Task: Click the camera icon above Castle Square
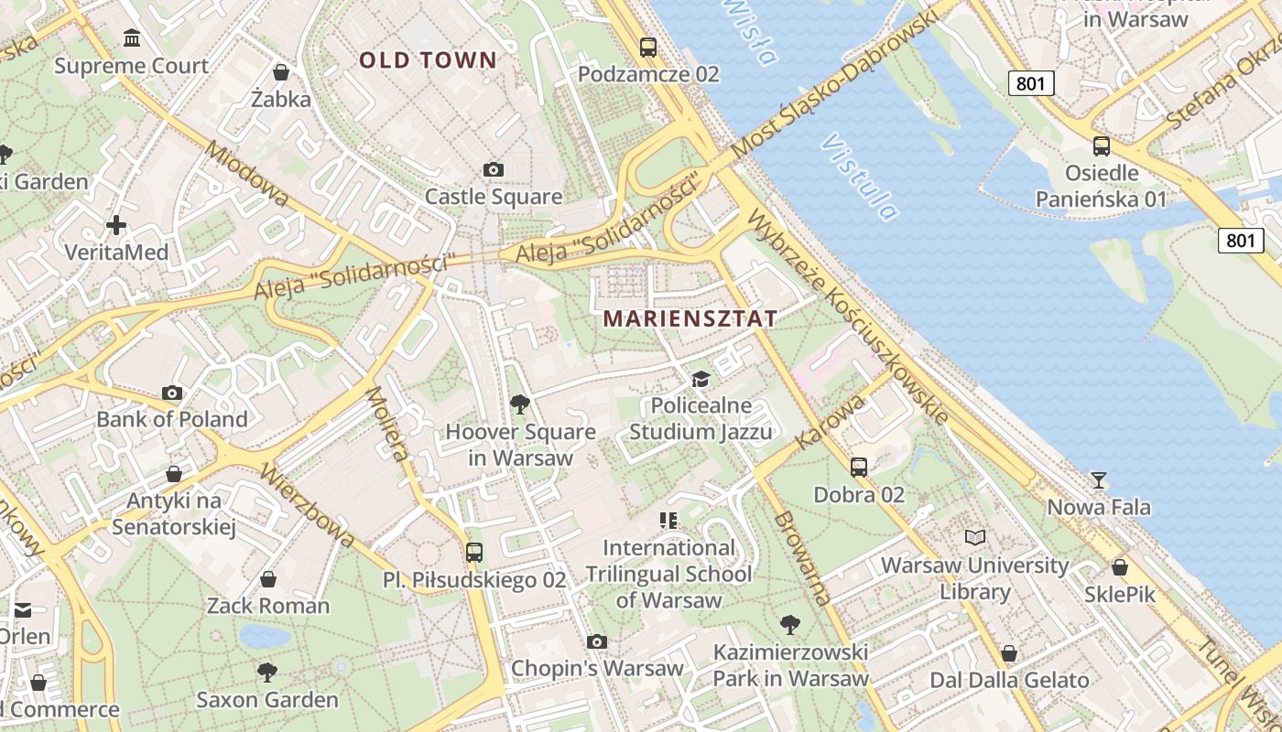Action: (x=494, y=169)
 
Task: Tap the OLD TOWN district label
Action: (x=428, y=60)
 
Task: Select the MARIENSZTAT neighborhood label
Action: (x=690, y=318)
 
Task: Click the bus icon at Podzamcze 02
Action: (x=648, y=47)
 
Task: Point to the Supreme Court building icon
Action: (x=132, y=38)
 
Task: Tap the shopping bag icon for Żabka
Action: (x=281, y=71)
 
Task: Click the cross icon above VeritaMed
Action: (x=116, y=224)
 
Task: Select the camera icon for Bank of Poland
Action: (x=171, y=393)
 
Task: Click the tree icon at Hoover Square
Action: (x=519, y=404)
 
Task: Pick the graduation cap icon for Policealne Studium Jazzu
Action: (x=701, y=379)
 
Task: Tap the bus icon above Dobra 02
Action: (x=859, y=467)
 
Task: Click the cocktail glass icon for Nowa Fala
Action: (x=1099, y=479)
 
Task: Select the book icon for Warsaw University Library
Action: (x=975, y=537)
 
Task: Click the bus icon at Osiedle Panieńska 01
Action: (x=1102, y=145)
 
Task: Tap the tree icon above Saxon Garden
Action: (x=267, y=673)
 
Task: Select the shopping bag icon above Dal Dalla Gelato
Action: (x=1008, y=652)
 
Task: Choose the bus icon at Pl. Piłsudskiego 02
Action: (x=473, y=552)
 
